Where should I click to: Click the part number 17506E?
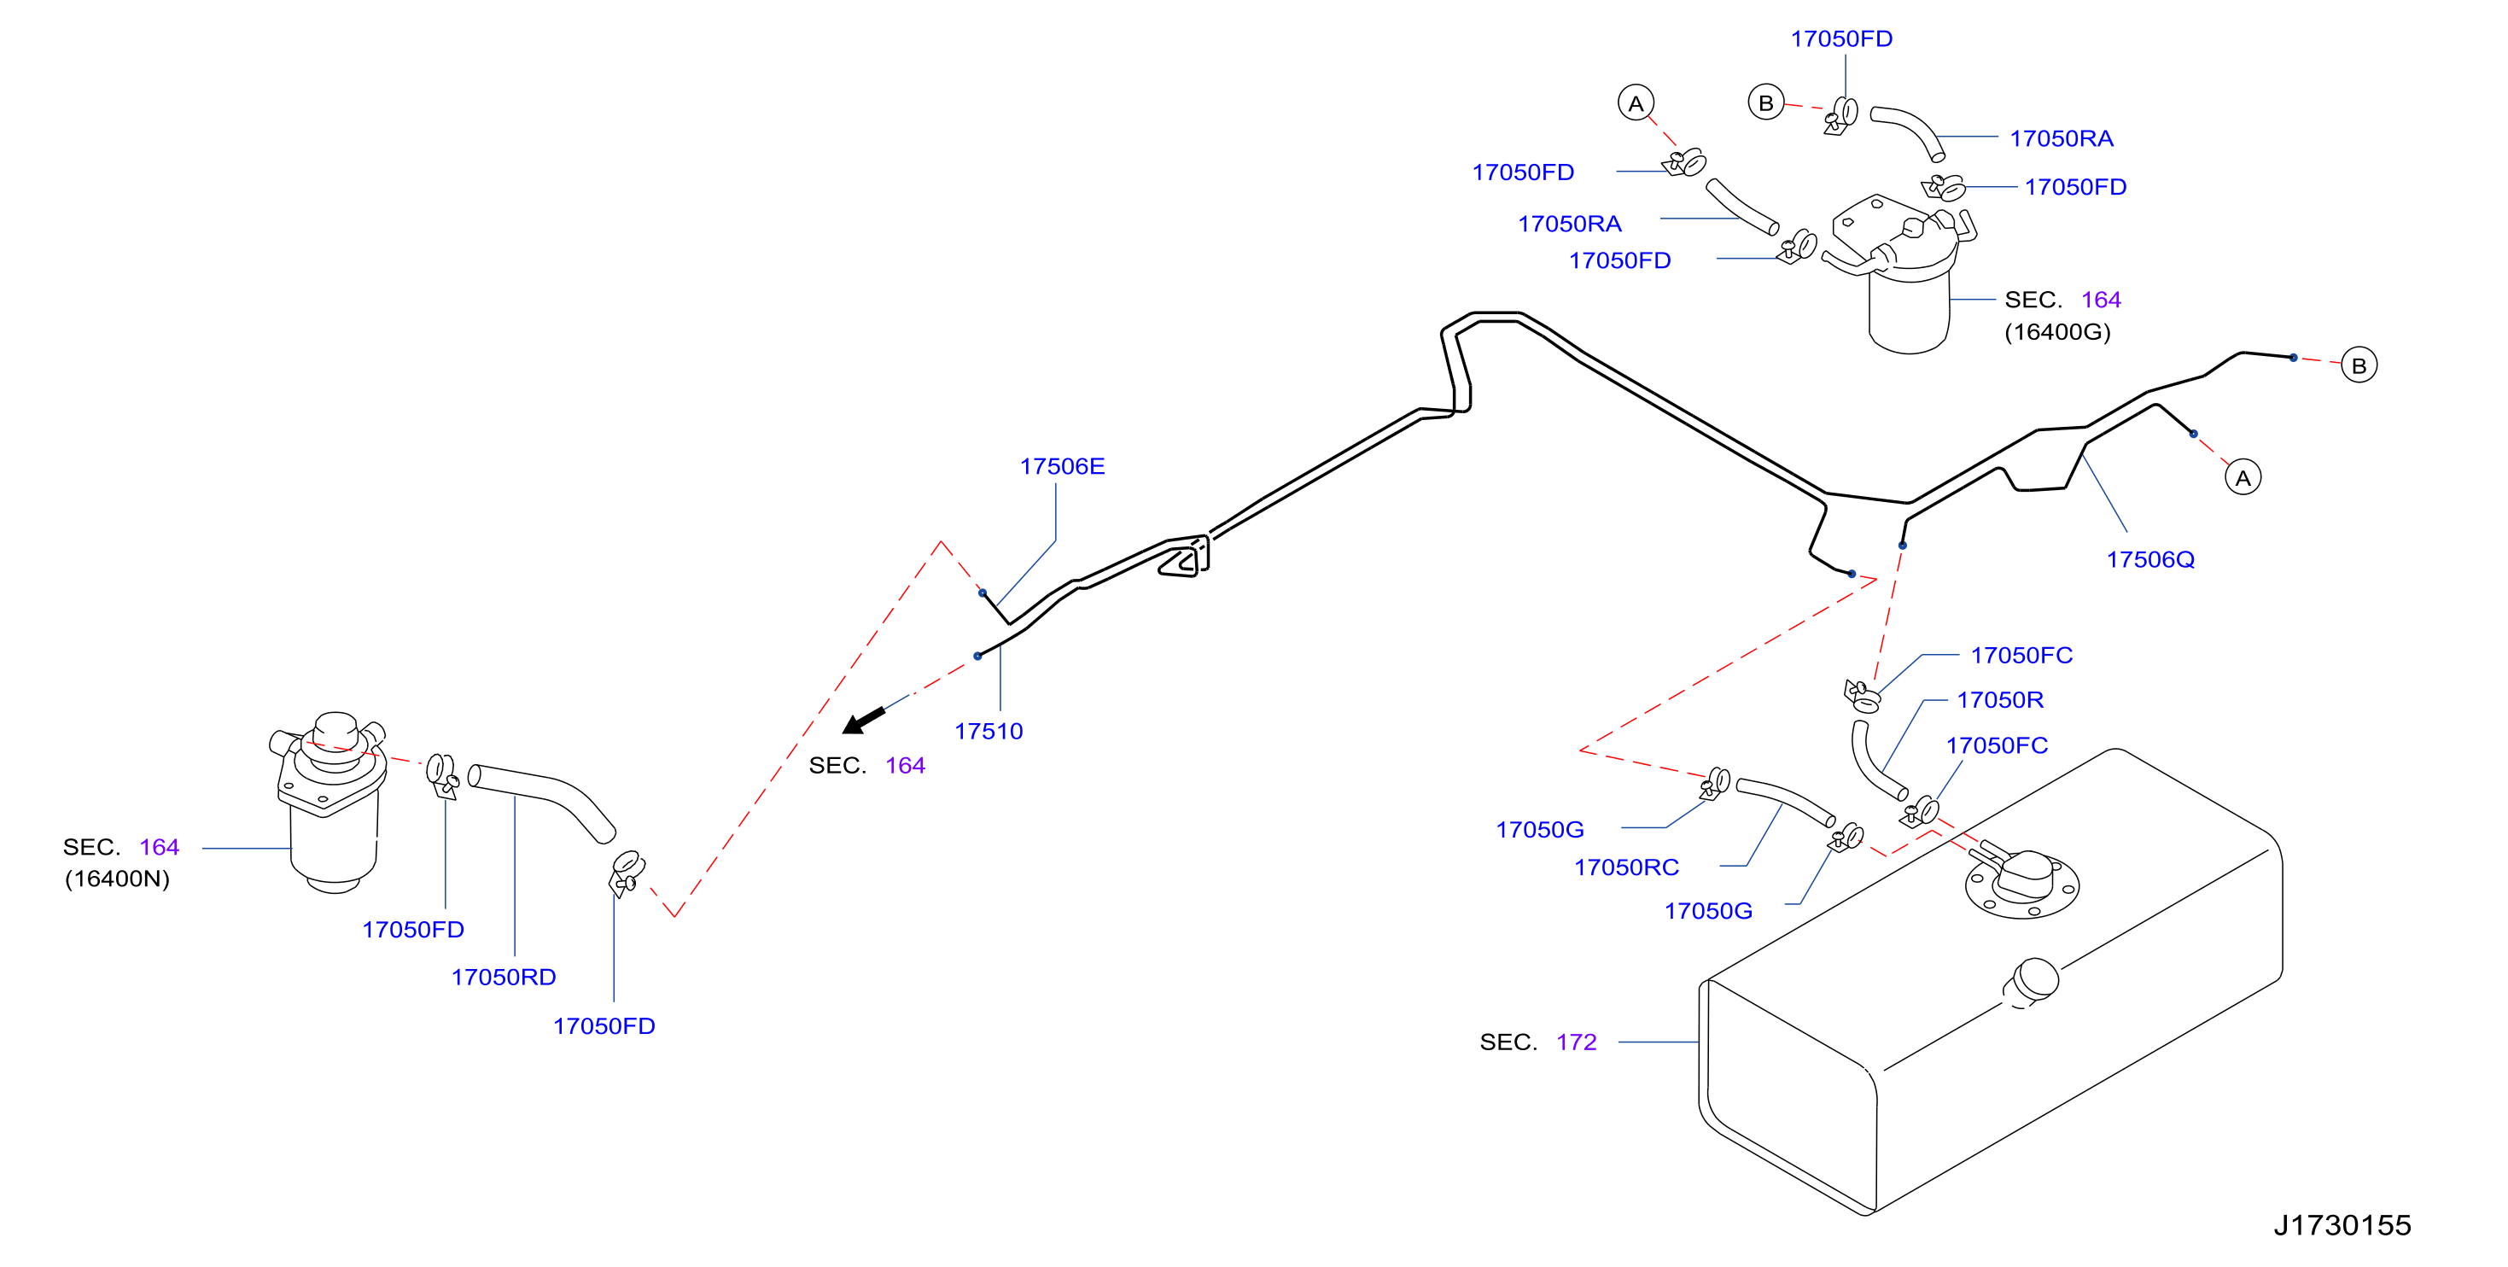1061,466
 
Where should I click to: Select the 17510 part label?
989,732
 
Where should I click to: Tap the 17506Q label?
2149,560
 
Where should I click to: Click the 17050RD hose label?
504,977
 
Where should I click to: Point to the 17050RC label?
1626,867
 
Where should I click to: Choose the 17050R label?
2000,699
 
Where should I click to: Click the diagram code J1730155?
2342,1225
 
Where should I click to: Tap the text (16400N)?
117,879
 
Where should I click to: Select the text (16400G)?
2057,332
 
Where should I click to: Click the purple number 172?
1577,1042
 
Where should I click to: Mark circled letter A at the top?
1636,103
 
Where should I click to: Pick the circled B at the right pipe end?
2358,365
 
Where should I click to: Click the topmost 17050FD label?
1841,39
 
